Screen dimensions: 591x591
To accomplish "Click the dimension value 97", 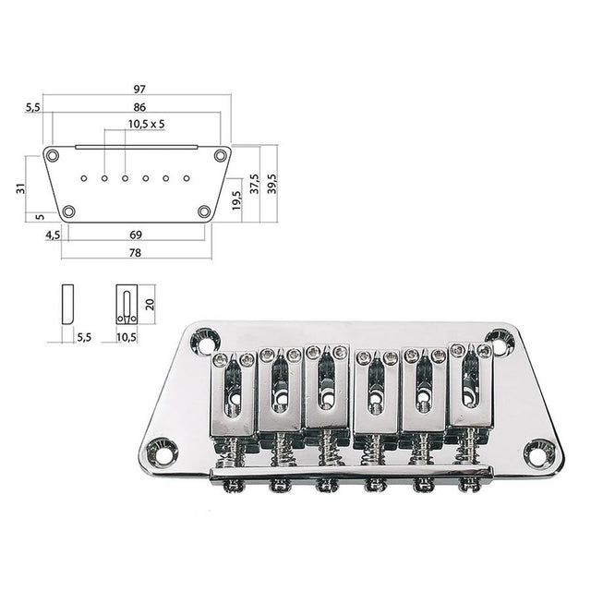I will (139, 89).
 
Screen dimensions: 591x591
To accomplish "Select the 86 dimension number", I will (139, 107).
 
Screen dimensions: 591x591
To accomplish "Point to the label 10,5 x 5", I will (146, 124).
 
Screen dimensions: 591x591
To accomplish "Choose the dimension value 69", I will (135, 235).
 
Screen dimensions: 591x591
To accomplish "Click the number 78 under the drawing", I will (135, 252).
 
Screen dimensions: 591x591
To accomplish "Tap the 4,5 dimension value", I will (53, 235).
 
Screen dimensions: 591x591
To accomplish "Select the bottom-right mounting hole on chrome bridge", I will (538, 452).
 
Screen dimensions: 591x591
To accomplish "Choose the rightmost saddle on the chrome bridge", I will (470, 388).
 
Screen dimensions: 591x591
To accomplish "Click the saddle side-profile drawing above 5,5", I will (67, 304).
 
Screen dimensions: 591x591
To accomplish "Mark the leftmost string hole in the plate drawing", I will (84, 176).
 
